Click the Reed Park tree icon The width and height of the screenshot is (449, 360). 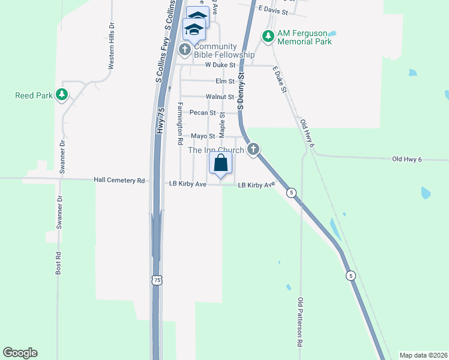point(61,95)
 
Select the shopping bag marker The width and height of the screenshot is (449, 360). point(220,163)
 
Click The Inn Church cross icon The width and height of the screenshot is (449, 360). point(253,149)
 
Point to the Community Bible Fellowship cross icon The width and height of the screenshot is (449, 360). point(185,49)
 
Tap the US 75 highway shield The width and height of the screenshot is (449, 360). point(157,280)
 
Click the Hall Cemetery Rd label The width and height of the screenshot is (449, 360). point(119,180)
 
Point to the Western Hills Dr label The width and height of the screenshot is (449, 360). point(111,46)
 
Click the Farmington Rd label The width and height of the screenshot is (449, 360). point(179,124)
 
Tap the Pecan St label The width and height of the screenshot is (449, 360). point(203,112)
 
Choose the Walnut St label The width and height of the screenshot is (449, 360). point(219,96)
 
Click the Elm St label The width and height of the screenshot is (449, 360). point(224,81)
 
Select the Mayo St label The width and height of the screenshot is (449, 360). point(203,137)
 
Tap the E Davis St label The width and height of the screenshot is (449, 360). point(273,11)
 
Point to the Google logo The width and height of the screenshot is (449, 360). point(20,353)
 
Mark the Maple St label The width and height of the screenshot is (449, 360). point(222,122)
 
